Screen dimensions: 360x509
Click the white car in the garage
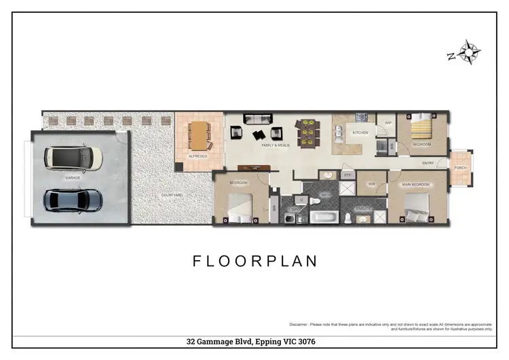point(73,158)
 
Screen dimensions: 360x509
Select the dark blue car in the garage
point(73,200)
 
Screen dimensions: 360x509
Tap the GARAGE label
point(73,177)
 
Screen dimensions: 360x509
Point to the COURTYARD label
point(172,195)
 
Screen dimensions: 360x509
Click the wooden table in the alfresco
point(199,135)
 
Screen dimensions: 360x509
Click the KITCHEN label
point(360,132)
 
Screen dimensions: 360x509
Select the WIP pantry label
point(388,123)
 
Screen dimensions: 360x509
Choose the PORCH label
point(461,167)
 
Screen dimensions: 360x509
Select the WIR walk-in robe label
point(372,183)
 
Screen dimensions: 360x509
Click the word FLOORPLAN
point(254,260)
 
